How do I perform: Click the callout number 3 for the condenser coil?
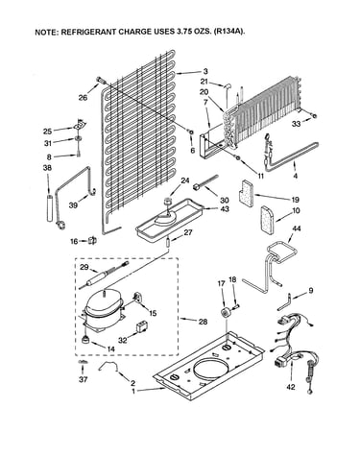[205, 71]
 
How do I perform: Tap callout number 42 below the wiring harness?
[291, 387]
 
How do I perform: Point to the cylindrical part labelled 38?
[50, 208]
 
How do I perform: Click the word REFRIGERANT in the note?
[90, 32]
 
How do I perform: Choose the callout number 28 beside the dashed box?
[203, 322]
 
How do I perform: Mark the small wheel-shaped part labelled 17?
[227, 312]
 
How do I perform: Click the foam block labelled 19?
[246, 194]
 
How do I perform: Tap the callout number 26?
[83, 98]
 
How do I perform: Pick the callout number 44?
[297, 228]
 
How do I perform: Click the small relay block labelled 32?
[140, 326]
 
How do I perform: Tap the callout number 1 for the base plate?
[133, 391]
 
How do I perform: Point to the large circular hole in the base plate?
[211, 372]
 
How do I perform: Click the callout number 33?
[297, 124]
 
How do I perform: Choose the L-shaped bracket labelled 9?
[284, 302]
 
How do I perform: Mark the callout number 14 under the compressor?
[110, 349]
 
